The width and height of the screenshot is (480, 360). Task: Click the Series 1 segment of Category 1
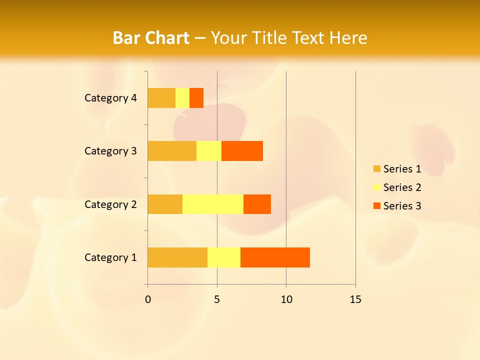click(x=177, y=257)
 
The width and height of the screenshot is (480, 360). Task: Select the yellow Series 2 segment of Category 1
click(x=224, y=257)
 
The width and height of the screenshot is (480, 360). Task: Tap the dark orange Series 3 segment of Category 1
click(x=275, y=257)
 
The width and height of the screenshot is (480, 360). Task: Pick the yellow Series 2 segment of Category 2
click(x=213, y=204)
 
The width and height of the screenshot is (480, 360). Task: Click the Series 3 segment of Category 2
click(x=257, y=204)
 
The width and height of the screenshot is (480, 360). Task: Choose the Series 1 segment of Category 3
click(x=172, y=151)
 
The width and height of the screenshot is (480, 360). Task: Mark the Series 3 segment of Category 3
click(x=242, y=151)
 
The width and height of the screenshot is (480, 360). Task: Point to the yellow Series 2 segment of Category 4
click(x=182, y=98)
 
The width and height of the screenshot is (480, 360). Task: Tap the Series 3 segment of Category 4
click(x=196, y=98)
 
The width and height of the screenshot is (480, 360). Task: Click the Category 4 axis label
click(x=110, y=98)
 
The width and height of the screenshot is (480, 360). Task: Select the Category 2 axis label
click(x=110, y=204)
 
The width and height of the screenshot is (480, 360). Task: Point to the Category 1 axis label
click(x=110, y=257)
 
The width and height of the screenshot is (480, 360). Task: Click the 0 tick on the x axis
click(x=148, y=299)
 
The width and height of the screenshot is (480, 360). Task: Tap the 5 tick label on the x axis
click(x=217, y=299)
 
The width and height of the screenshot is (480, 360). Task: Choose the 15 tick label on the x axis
click(x=355, y=299)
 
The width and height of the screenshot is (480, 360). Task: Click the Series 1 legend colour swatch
click(x=376, y=169)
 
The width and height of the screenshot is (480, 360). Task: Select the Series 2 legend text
click(x=402, y=187)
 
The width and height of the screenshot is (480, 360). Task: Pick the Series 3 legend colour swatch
click(x=376, y=206)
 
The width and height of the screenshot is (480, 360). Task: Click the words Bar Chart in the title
click(x=151, y=38)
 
